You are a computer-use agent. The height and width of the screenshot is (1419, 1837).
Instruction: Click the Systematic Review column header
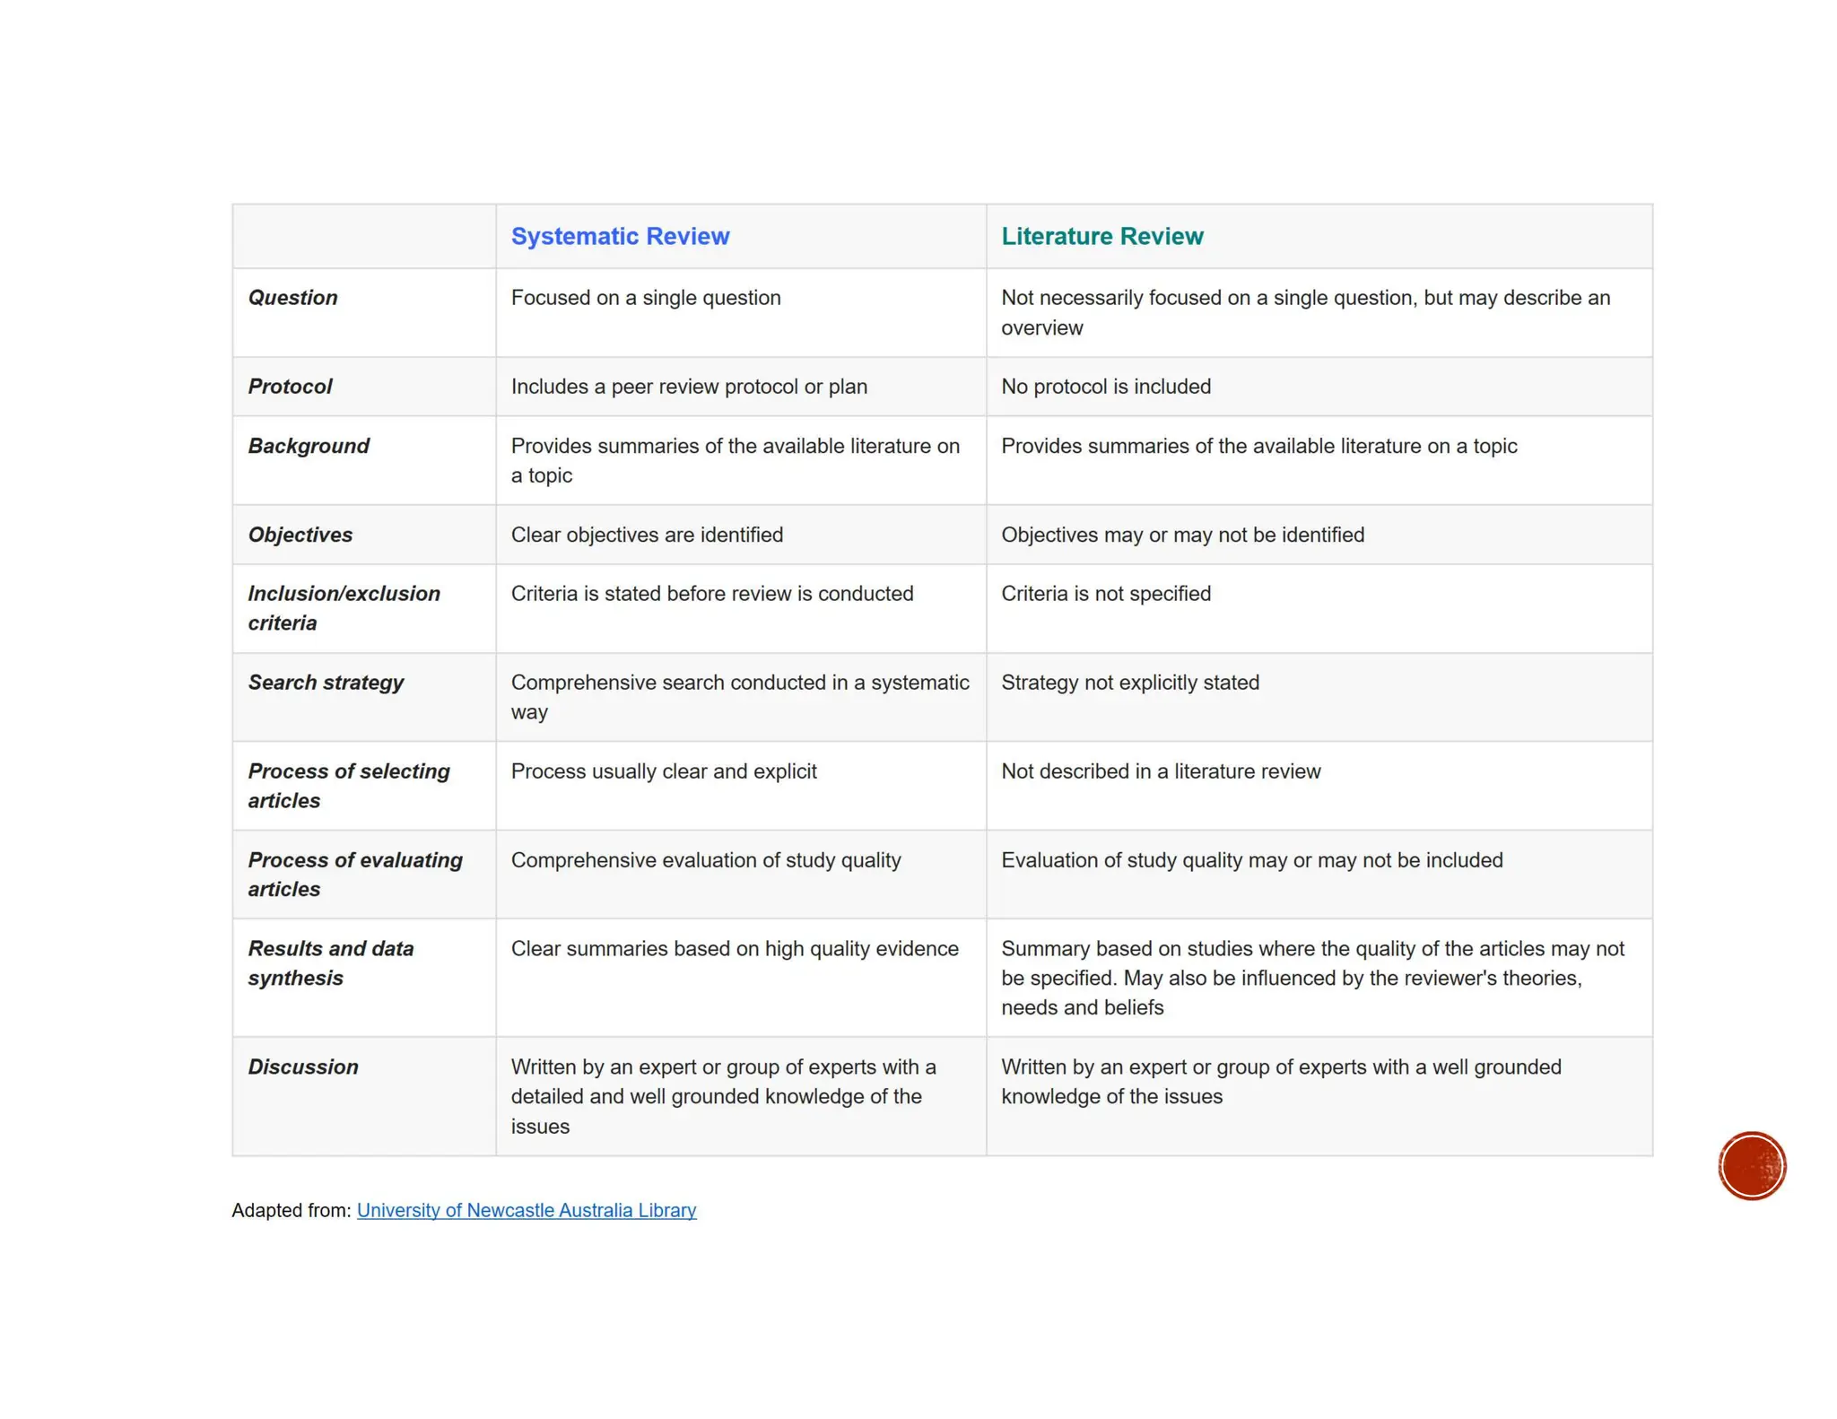coord(620,237)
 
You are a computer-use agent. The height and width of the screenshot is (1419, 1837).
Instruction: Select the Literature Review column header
coord(1101,237)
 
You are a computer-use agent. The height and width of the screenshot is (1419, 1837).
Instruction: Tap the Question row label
coord(292,298)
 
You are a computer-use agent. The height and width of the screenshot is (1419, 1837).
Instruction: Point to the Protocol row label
coord(290,387)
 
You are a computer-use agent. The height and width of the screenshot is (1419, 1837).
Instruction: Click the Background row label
coord(309,446)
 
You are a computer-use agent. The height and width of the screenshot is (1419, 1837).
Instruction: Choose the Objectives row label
coord(300,535)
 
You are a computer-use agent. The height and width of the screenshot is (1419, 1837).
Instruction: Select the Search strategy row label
coord(326,683)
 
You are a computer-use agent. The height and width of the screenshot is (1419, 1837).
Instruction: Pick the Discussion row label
coord(303,1066)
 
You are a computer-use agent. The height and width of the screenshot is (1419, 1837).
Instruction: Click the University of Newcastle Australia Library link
coord(527,1210)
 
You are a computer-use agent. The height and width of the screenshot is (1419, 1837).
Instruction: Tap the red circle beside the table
coord(1752,1165)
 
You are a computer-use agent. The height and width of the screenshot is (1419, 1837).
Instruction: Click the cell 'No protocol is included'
coord(1105,387)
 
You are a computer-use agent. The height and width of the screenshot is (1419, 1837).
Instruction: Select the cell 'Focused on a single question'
coord(646,298)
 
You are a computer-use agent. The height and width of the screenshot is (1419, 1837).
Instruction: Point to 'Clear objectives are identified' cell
coord(647,535)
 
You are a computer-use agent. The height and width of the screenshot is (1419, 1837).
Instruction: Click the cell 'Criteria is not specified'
coord(1105,594)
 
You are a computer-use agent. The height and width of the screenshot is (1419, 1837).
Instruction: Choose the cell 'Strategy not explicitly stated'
coord(1129,683)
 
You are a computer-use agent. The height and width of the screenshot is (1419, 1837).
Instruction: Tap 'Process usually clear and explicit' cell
coord(664,771)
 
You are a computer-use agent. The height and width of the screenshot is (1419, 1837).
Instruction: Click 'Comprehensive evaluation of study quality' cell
coord(706,860)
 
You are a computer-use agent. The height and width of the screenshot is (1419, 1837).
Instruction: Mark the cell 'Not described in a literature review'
coord(1161,771)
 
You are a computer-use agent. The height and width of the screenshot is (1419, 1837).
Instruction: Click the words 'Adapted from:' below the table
coord(291,1210)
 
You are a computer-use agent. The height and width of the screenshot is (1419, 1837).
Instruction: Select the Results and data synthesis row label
coord(330,963)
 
